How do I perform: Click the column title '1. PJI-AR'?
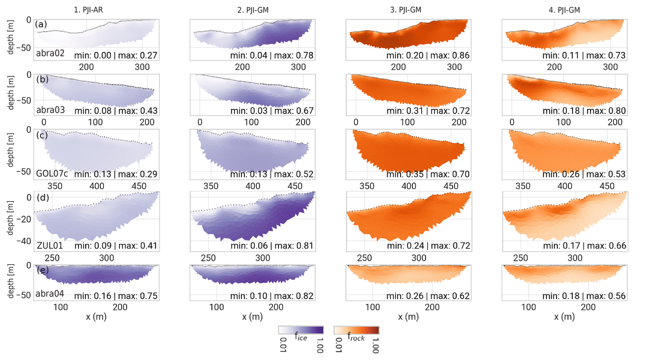click(88, 10)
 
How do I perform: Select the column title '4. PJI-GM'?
click(564, 10)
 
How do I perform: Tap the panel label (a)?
click(41, 24)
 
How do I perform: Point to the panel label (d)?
click(43, 197)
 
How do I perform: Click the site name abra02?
click(50, 54)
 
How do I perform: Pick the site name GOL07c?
click(52, 173)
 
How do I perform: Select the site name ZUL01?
click(50, 245)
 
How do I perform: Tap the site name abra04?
click(50, 294)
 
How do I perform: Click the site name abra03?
click(51, 110)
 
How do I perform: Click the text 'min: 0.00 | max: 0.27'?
click(116, 55)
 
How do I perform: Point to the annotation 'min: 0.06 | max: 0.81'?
click(272, 246)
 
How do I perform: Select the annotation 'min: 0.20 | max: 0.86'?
click(428, 55)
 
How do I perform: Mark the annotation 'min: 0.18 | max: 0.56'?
click(584, 296)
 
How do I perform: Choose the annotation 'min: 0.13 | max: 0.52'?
click(272, 174)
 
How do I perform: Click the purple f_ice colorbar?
click(301, 330)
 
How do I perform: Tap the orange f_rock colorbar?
click(356, 330)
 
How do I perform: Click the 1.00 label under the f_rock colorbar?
click(375, 345)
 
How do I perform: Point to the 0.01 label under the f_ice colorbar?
click(283, 345)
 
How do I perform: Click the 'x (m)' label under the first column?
click(96, 316)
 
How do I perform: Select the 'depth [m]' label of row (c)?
click(11, 150)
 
